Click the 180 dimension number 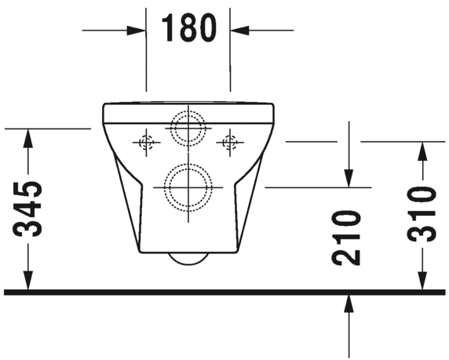coord(188,29)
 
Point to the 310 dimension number coord(423,213)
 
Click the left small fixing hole coord(146,143)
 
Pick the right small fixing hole coord(230,143)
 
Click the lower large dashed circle coord(188,188)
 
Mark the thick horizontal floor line coord(224,292)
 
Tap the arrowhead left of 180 coord(137,30)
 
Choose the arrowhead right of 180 coord(239,30)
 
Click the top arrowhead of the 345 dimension coord(28,137)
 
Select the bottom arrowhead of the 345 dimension coord(28,280)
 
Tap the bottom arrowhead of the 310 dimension coord(423,280)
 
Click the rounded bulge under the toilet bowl coord(188,258)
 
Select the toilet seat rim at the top coord(188,105)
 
